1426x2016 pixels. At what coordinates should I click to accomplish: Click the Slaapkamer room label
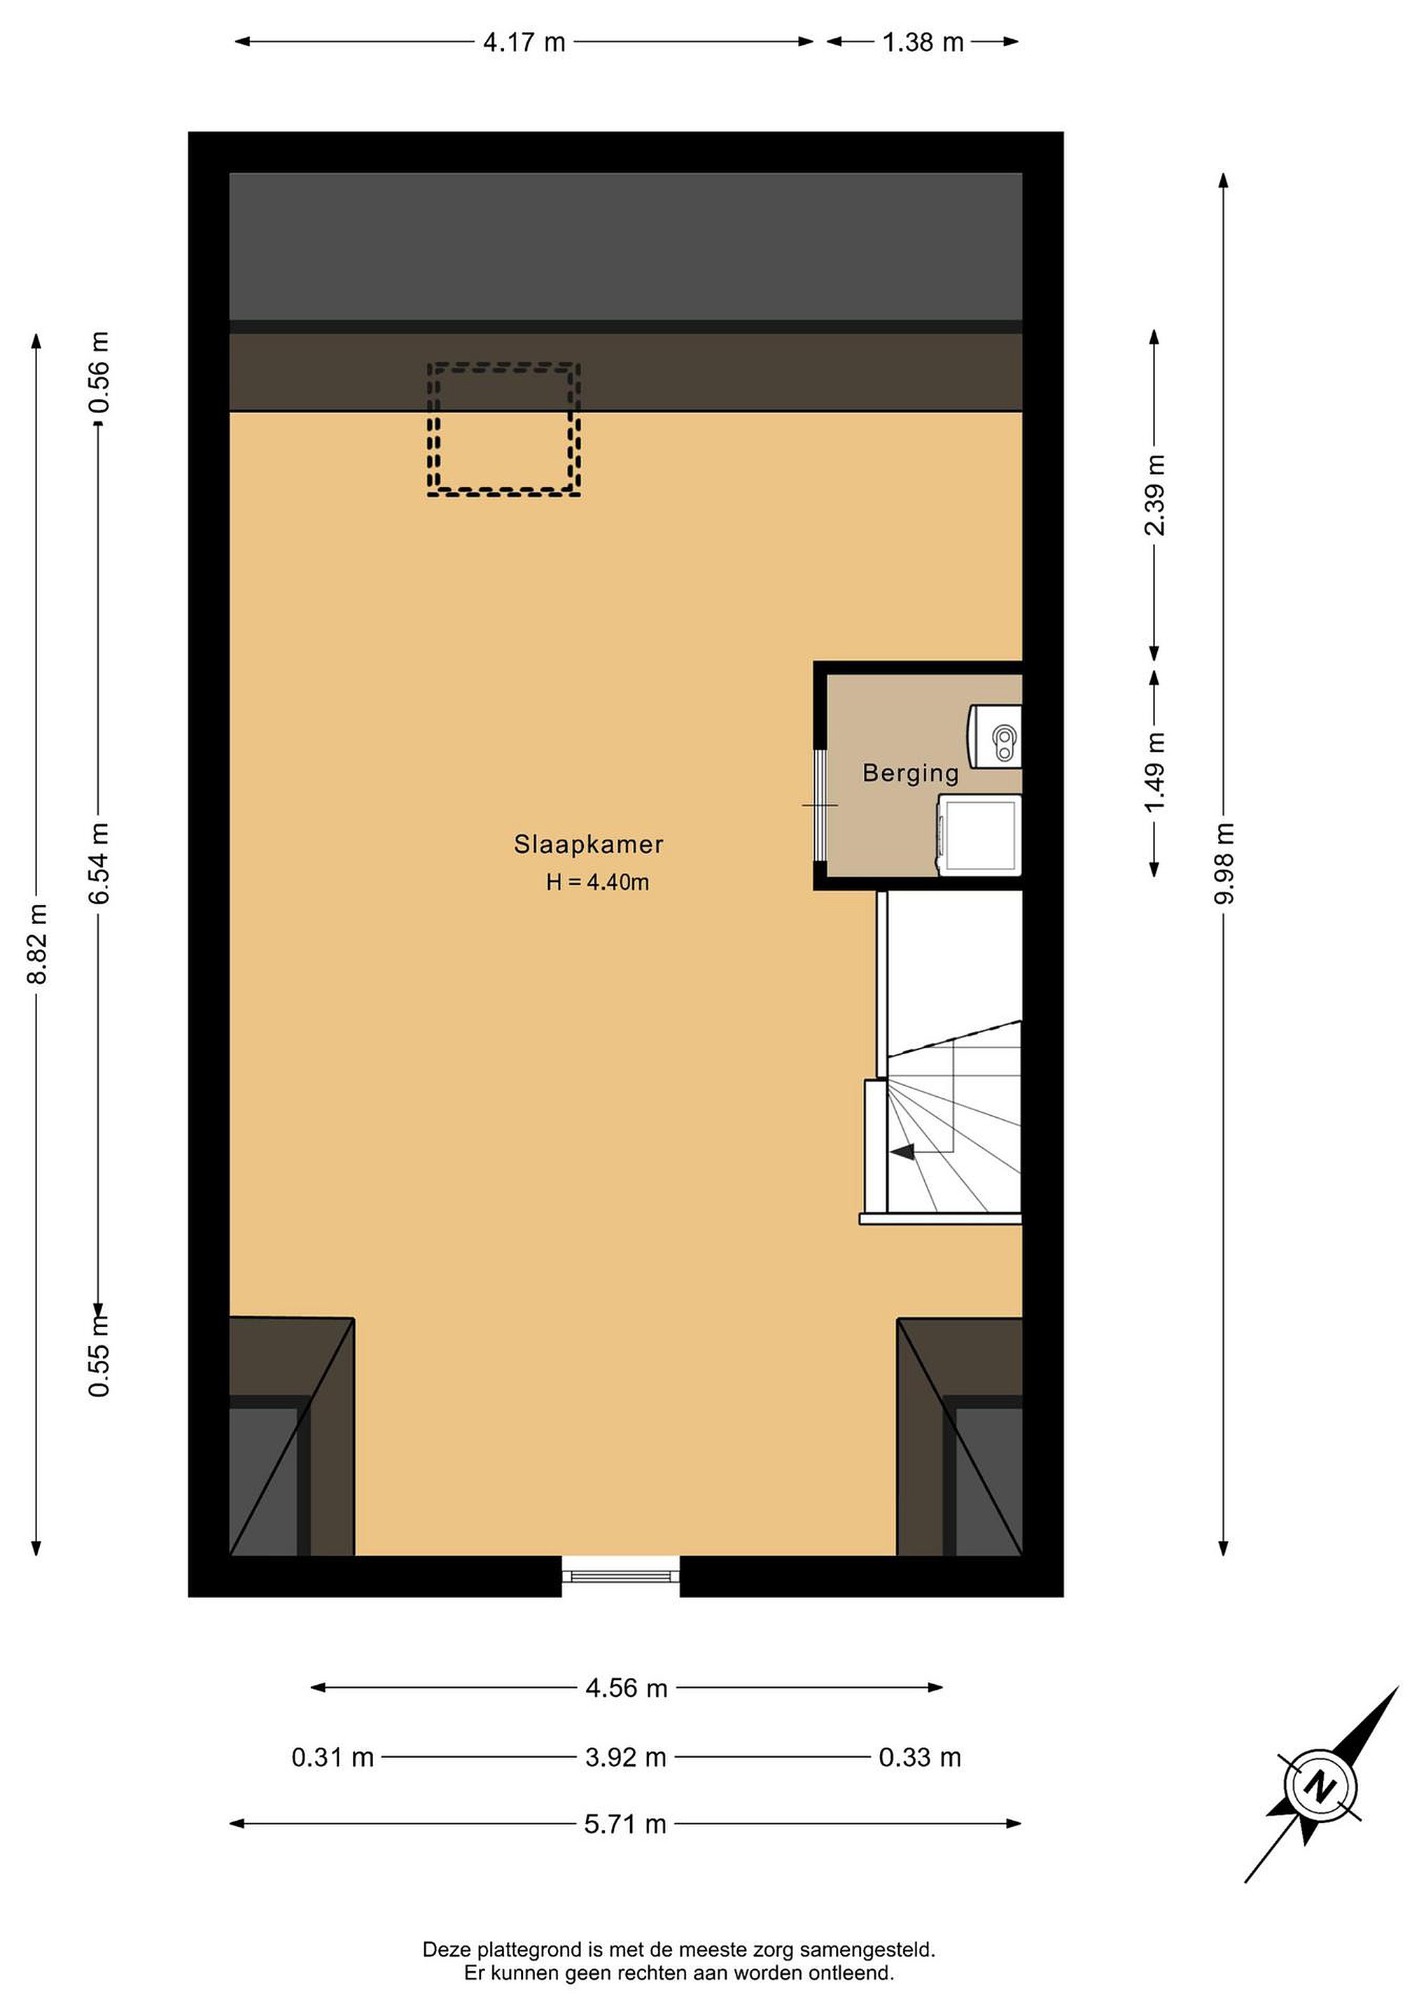588,845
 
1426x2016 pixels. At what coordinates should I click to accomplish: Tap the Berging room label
911,773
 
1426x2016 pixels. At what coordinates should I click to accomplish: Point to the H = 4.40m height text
597,883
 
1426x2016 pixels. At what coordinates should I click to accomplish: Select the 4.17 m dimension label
524,42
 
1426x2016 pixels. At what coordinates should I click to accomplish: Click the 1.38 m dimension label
923,42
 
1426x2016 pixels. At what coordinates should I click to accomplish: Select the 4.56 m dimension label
626,1688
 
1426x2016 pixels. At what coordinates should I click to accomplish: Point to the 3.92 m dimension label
625,1757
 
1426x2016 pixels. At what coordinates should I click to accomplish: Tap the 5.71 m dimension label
625,1825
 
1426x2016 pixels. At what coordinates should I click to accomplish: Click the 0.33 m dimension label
919,1757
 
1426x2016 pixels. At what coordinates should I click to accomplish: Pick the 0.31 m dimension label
333,1757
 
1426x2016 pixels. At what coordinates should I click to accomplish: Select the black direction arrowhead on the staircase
902,1151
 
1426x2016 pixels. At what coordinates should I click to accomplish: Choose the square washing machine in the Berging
979,834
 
